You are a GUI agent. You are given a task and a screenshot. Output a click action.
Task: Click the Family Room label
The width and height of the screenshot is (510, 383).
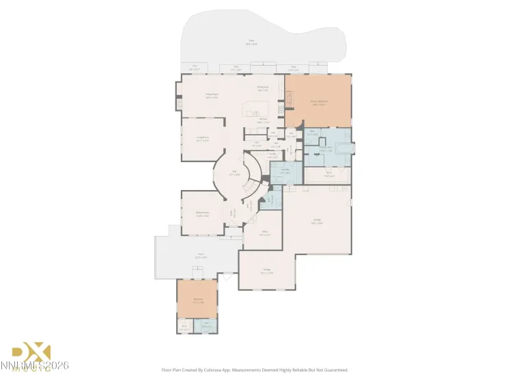click(212, 96)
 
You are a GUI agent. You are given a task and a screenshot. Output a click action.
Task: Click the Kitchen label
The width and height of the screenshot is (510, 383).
click(263, 120)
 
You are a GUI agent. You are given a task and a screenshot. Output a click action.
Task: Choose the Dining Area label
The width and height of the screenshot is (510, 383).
click(262, 88)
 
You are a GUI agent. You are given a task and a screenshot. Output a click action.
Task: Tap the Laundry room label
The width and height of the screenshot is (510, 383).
click(285, 171)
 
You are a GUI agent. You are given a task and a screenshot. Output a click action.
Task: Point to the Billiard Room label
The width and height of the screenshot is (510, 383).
click(203, 214)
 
